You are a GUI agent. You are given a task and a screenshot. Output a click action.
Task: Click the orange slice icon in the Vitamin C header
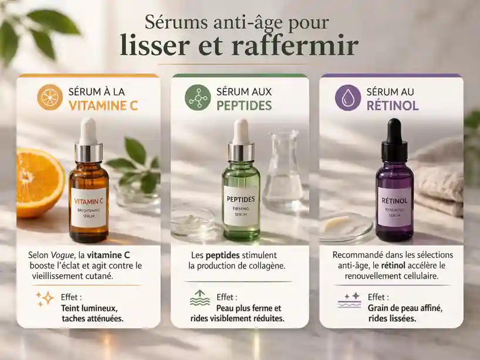point(50,97)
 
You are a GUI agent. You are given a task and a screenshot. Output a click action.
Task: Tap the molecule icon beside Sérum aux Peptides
point(197,97)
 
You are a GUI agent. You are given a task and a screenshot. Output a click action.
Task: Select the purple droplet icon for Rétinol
point(347,97)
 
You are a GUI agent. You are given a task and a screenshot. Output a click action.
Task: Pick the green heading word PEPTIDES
point(244,106)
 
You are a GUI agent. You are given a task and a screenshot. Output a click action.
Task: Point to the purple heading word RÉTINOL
point(393,106)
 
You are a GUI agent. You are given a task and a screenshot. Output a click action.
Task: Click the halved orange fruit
point(36,182)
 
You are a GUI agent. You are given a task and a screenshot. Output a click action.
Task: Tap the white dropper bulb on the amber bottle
point(88,130)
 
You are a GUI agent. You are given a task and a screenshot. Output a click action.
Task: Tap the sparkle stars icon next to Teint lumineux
point(44,298)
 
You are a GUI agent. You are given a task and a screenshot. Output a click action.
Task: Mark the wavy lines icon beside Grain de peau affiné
point(350,300)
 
